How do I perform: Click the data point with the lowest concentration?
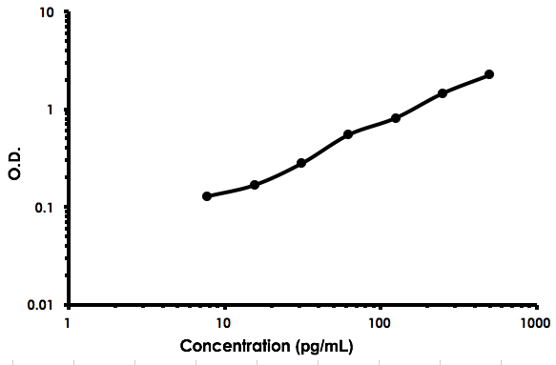coord(207,196)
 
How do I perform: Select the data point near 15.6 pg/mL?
coord(255,185)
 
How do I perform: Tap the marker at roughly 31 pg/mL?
coord(301,163)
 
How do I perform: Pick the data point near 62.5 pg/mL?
coord(348,134)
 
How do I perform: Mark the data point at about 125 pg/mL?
coord(396,118)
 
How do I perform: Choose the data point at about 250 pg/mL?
coord(443,93)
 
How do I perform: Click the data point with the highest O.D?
coord(489,74)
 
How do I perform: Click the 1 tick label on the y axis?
coord(51,110)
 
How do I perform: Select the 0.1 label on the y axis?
coord(45,207)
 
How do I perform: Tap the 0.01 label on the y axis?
coord(41,305)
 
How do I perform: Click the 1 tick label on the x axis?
coord(68,322)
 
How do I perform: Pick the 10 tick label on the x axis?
coord(224,322)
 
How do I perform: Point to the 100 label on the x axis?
coord(381,322)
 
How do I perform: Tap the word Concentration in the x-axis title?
coord(235,345)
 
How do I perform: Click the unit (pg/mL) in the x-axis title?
coord(324,345)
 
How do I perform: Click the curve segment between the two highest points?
coord(466,83)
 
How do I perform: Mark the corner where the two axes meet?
coord(69,305)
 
